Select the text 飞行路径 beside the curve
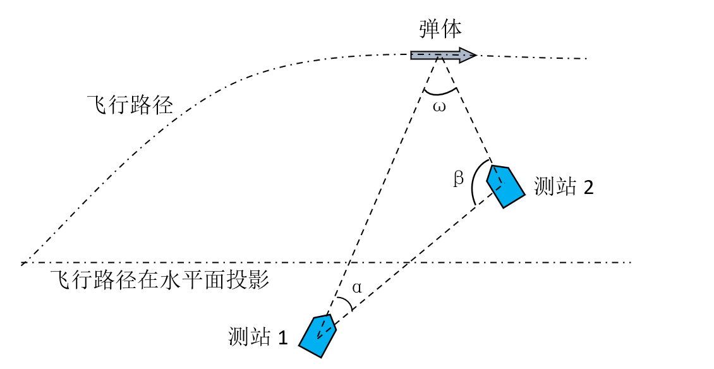click(x=130, y=105)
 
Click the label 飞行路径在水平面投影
click(x=159, y=279)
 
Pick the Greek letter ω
click(x=439, y=107)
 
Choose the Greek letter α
click(x=357, y=288)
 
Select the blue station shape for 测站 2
click(x=505, y=186)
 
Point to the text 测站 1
click(x=258, y=337)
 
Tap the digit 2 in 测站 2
click(x=588, y=188)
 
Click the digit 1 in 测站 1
click(x=283, y=337)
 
